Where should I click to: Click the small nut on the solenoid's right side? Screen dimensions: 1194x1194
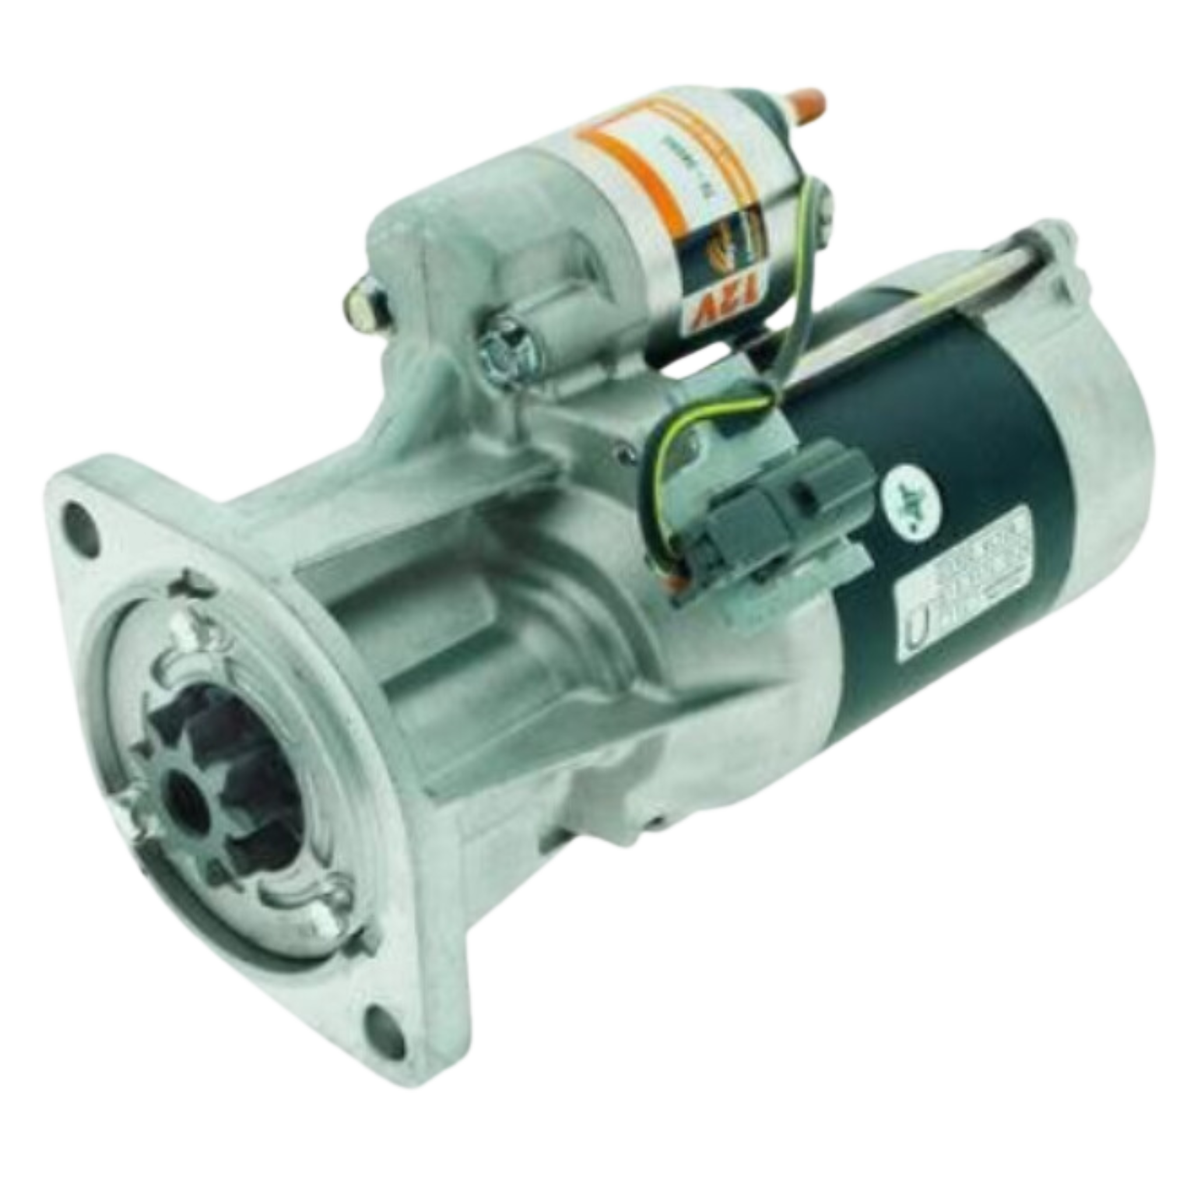pyautogui.click(x=822, y=204)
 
